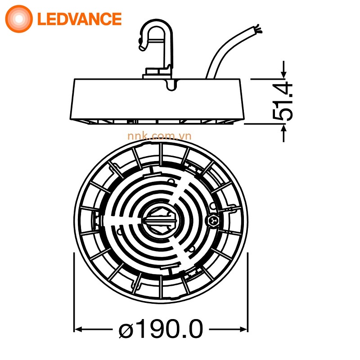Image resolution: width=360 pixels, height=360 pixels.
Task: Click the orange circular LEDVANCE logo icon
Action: pos(19,19)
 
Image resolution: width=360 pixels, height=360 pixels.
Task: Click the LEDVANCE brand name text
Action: pos(79,19)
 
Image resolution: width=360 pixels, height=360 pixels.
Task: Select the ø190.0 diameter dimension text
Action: pos(161,329)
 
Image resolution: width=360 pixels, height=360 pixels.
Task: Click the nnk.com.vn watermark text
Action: pos(159,136)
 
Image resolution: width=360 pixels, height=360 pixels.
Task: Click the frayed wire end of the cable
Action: pos(258,29)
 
